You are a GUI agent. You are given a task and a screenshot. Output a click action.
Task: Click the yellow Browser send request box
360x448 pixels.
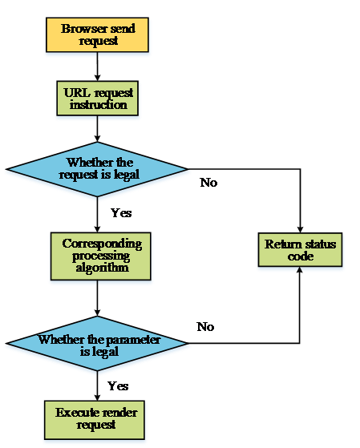pyautogui.click(x=97, y=34)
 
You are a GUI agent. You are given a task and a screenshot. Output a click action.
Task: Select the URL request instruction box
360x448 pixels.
pyautogui.click(x=98, y=99)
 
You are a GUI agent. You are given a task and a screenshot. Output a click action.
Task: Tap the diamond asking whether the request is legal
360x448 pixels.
pyautogui.click(x=97, y=169)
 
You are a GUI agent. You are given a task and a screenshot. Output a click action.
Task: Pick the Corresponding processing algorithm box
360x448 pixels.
pyautogui.click(x=101, y=256)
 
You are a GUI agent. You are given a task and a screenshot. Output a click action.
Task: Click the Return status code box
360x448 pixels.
pyautogui.click(x=300, y=250)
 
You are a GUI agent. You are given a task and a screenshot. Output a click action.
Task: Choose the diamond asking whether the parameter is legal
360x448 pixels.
pyautogui.click(x=97, y=343)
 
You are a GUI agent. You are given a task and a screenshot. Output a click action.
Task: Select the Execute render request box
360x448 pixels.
pyautogui.click(x=95, y=420)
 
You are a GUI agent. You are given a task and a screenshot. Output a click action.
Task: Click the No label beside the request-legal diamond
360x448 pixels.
pyautogui.click(x=208, y=183)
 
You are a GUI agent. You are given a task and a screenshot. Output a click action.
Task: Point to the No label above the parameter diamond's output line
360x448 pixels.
pyautogui.click(x=205, y=326)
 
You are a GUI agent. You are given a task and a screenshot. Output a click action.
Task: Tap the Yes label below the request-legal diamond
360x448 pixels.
pyautogui.click(x=121, y=213)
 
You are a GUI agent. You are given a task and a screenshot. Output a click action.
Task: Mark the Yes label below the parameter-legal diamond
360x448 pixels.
pyautogui.click(x=118, y=386)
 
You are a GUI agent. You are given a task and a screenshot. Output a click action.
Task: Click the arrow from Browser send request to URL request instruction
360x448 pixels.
pyautogui.click(x=97, y=67)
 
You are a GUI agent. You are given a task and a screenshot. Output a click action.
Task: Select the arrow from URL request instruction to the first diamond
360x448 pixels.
pyautogui.click(x=97, y=129)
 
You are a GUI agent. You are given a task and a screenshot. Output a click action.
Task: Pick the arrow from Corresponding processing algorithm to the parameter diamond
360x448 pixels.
pyautogui.click(x=97, y=298)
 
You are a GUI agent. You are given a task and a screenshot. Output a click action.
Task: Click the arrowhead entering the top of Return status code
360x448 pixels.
pyautogui.click(x=300, y=229)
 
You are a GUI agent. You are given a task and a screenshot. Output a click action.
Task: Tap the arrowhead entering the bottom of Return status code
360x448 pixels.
pyautogui.click(x=300, y=270)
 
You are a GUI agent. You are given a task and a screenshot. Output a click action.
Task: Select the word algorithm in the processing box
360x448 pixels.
pyautogui.click(x=102, y=268)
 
